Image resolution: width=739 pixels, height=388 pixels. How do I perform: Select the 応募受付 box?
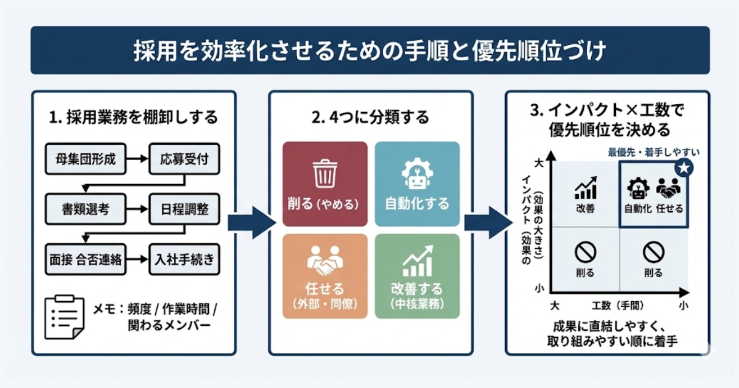tap(184, 158)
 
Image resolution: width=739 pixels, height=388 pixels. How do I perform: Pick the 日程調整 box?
tap(184, 209)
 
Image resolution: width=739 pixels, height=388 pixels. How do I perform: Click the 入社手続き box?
tap(184, 259)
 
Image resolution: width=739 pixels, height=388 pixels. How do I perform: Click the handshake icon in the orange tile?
tap(324, 261)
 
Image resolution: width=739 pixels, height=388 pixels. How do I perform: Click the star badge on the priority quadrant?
tap(682, 167)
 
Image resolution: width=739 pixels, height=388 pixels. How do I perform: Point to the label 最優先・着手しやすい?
tap(654, 152)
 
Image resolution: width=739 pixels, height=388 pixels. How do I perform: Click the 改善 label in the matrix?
tap(585, 209)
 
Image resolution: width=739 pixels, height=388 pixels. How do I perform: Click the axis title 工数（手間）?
tap(617, 305)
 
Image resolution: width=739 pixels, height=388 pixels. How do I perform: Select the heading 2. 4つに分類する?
tap(370, 117)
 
